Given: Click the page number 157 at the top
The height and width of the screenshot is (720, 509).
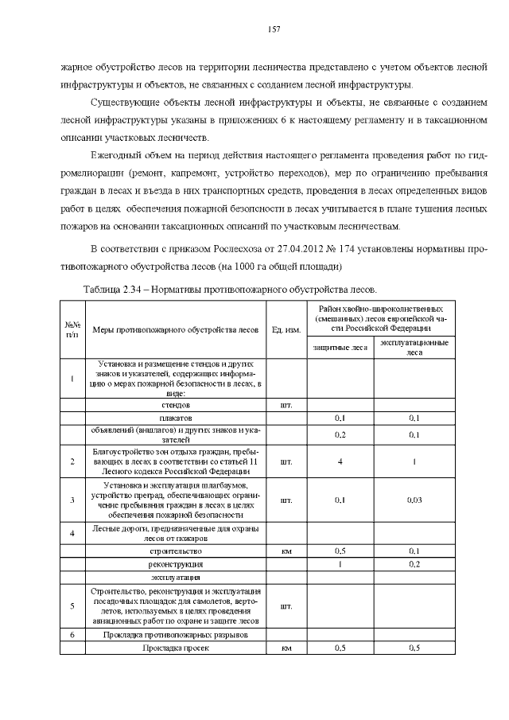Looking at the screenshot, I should click(x=274, y=29).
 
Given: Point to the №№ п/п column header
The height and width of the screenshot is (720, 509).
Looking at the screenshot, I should click(x=72, y=330).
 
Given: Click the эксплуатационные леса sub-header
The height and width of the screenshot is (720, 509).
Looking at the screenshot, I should click(x=414, y=348).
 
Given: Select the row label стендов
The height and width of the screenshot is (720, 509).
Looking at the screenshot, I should click(x=176, y=405).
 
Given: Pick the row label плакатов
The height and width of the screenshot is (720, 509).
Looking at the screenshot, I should click(x=176, y=418).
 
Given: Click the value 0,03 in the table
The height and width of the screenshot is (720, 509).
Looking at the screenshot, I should click(x=414, y=500).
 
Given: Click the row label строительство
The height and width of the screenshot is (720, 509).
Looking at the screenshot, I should click(x=176, y=551).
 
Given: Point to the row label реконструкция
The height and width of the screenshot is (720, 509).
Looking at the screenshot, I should click(x=176, y=563).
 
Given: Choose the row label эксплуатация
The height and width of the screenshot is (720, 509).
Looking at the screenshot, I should click(x=176, y=577).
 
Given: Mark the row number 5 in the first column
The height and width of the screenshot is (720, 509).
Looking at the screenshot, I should click(x=72, y=605).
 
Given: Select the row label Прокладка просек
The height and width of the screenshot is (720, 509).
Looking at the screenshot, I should click(x=176, y=648).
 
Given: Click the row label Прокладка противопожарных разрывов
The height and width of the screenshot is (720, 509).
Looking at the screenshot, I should click(x=176, y=635).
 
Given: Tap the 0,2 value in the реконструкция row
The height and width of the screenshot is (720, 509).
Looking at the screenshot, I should click(x=414, y=563).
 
